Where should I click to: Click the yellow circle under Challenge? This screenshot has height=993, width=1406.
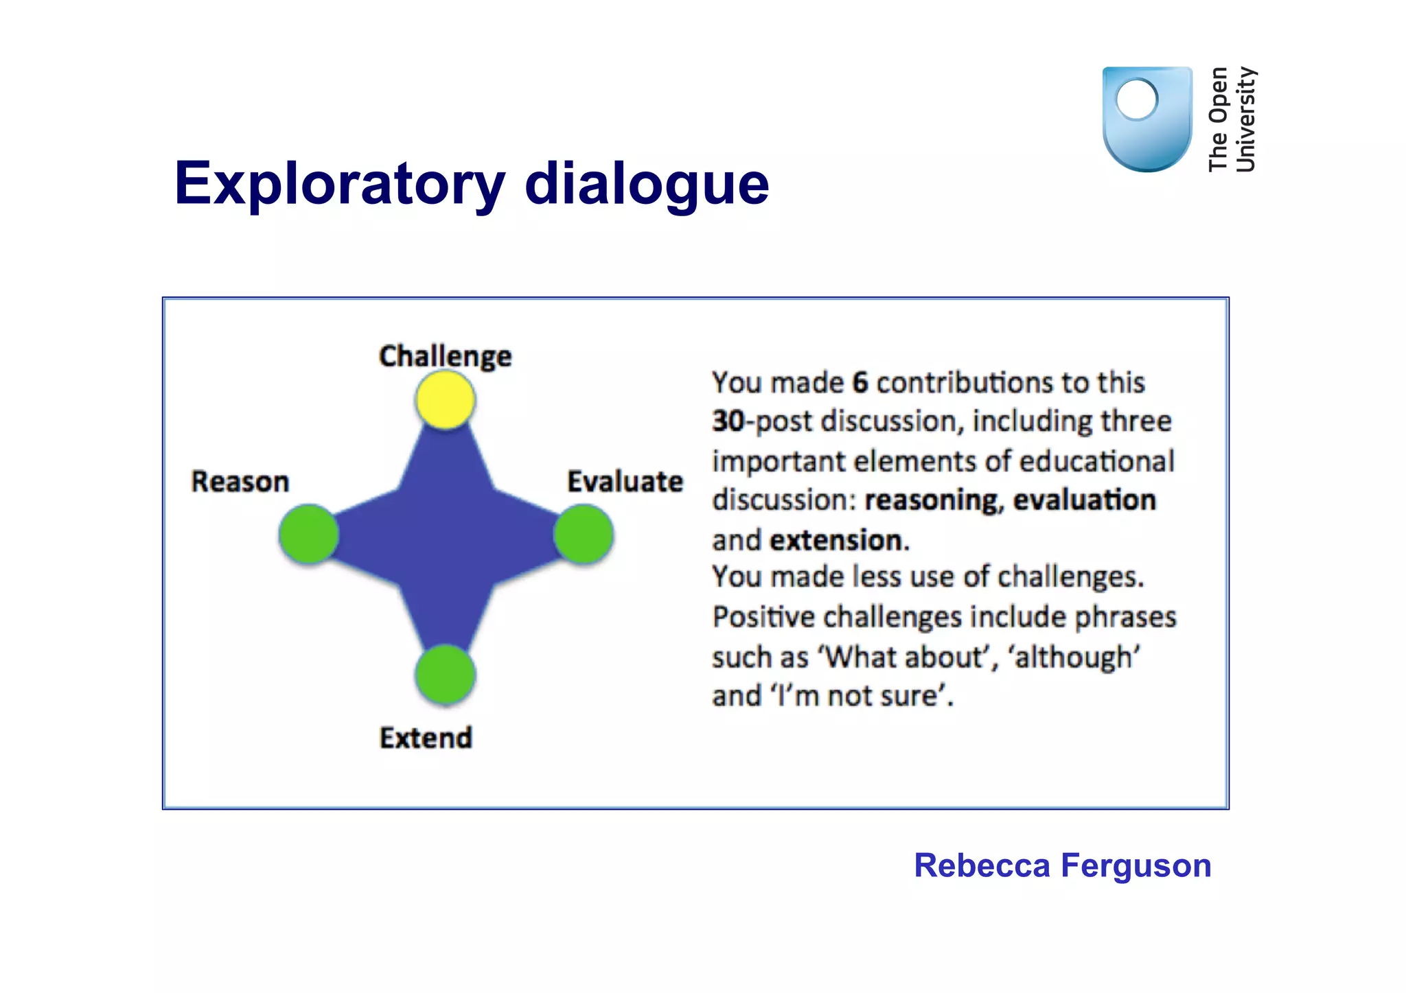(445, 400)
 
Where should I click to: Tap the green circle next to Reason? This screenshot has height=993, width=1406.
(309, 534)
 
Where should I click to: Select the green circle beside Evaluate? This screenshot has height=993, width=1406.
(584, 534)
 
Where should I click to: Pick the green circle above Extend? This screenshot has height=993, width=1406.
(445, 675)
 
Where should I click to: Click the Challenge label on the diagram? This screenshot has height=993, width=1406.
(445, 356)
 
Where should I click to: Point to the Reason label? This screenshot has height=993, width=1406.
(240, 482)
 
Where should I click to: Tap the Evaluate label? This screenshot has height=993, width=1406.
(625, 482)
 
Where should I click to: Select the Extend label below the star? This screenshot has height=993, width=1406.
(426, 738)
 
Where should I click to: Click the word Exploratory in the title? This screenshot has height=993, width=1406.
(340, 184)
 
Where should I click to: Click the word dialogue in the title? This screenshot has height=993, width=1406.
(647, 184)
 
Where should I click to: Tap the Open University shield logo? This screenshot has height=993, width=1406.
(1146, 119)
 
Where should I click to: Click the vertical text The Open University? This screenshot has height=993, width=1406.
(1232, 119)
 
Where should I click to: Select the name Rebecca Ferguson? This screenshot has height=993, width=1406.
(1062, 865)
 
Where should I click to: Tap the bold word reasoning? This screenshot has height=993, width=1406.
(932, 500)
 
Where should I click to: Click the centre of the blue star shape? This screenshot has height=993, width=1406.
(446, 535)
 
